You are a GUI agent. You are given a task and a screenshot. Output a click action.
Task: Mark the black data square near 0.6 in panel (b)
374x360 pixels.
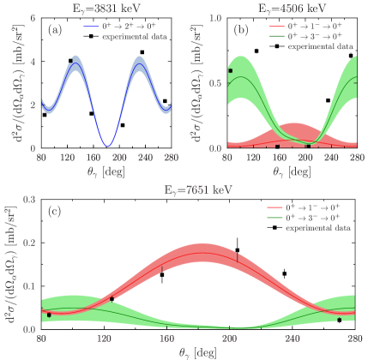(x=230, y=70)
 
